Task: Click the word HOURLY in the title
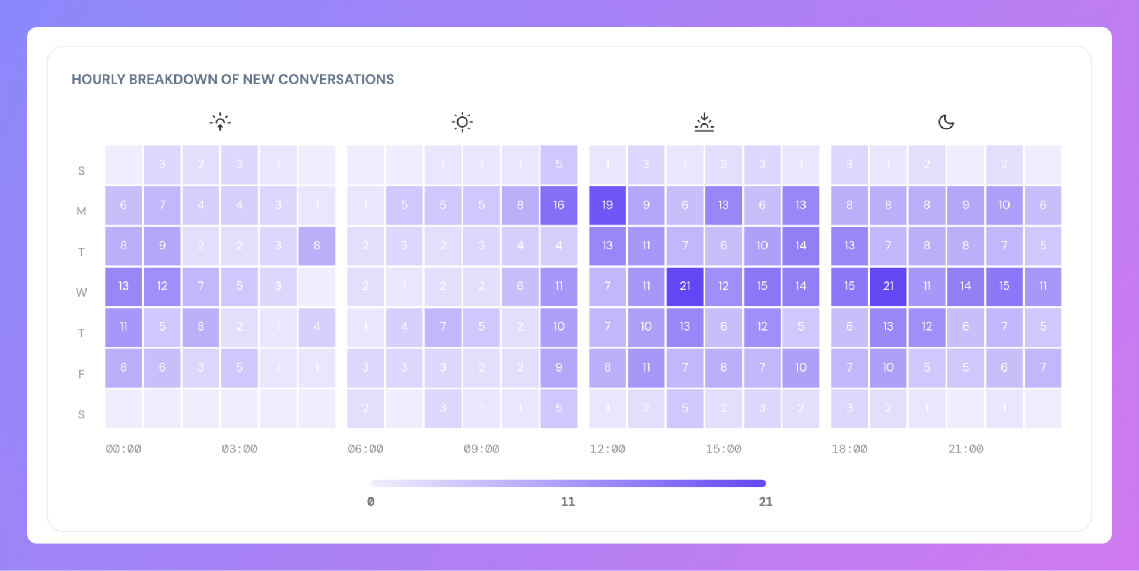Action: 98,80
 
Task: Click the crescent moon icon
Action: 946,122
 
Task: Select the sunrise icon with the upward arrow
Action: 220,122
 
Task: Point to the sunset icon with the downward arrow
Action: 704,122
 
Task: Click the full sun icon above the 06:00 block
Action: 462,122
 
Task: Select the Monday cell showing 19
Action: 607,205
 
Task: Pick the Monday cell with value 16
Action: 559,205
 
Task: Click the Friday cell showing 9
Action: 559,367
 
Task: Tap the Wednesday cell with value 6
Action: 520,286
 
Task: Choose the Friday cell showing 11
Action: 646,367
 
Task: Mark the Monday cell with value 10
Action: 1004,205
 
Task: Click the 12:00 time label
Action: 607,449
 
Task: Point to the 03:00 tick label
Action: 240,449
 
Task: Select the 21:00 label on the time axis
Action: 965,449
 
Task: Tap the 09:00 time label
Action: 481,449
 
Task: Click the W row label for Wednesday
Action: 81,293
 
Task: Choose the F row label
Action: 81,374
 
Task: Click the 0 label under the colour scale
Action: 371,502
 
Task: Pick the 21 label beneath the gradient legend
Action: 765,502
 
